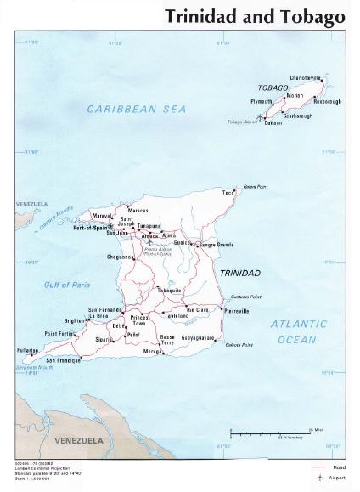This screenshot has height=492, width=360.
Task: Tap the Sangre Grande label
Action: (216, 245)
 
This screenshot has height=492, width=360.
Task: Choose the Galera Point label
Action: (255, 186)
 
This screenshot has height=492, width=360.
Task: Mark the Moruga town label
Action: (153, 351)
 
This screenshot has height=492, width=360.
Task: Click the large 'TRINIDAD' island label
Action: (240, 273)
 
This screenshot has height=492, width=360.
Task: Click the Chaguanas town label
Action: (121, 256)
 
